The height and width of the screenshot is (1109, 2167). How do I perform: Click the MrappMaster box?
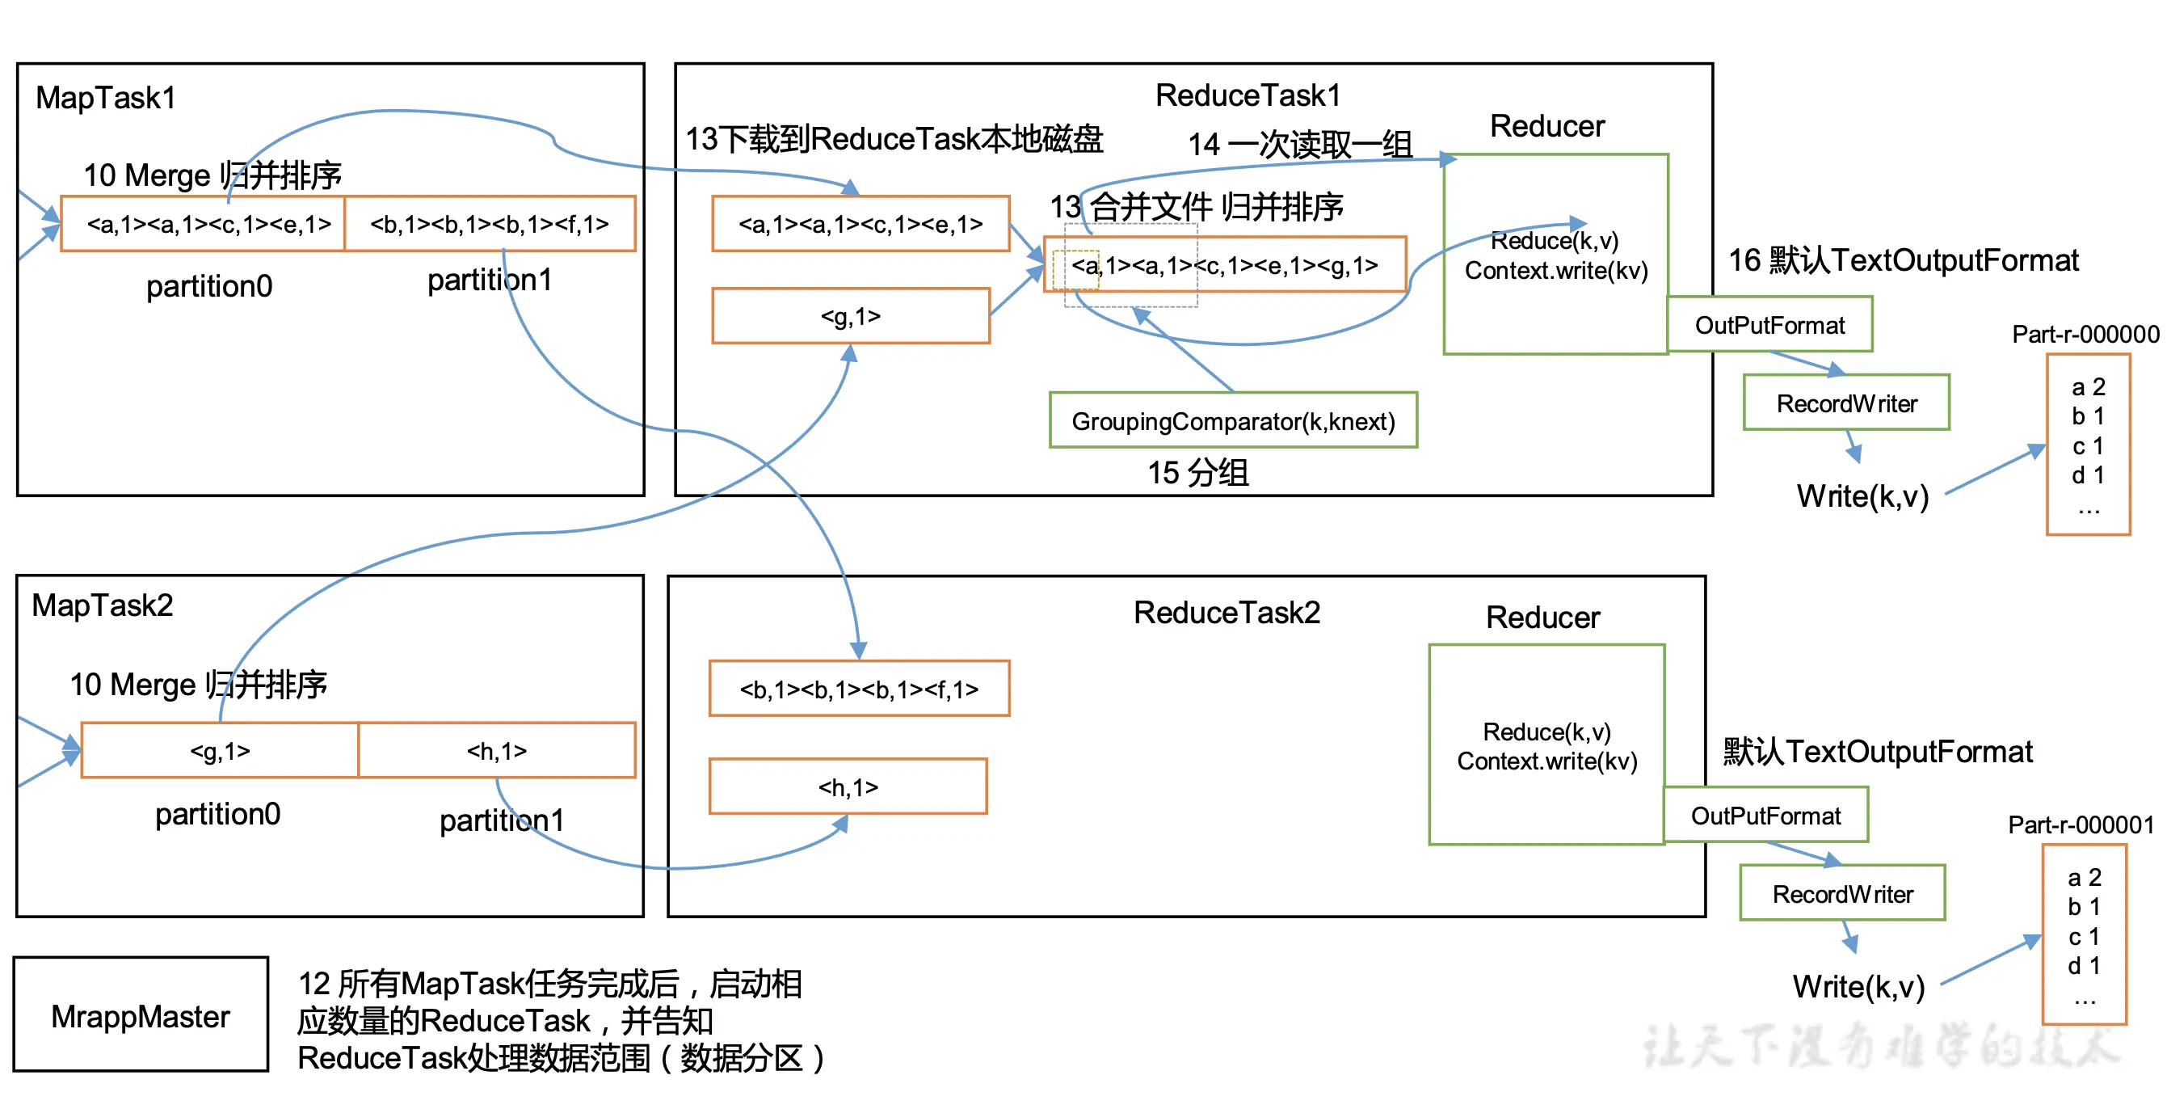141,1014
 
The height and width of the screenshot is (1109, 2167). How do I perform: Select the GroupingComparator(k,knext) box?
1232,420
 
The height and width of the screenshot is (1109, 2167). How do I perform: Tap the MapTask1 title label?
106,98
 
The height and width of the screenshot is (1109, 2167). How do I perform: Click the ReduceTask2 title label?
1226,612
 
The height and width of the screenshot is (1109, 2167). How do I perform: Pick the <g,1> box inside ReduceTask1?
850,315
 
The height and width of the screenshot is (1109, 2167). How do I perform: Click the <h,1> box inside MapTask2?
496,750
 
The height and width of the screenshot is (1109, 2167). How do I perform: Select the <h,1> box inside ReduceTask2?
847,786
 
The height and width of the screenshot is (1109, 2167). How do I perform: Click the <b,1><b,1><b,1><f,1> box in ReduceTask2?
859,689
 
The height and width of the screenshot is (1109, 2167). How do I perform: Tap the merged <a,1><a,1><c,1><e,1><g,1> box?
1225,264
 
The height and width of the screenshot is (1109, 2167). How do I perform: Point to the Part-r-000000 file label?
2085,333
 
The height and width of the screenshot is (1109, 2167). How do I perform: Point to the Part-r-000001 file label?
2081,824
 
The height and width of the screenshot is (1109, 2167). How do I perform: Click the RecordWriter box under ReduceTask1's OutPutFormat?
1845,403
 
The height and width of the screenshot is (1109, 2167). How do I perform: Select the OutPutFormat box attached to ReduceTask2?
1765,815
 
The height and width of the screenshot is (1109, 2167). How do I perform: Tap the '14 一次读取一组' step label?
1299,144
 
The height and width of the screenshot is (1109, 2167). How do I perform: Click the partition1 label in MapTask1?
489,280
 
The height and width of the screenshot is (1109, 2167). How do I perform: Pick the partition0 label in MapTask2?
217,814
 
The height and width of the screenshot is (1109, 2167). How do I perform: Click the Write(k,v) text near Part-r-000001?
1858,985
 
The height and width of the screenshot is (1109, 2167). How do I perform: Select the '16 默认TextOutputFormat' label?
1903,260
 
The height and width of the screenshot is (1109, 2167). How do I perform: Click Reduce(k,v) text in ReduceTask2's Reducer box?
1546,731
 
